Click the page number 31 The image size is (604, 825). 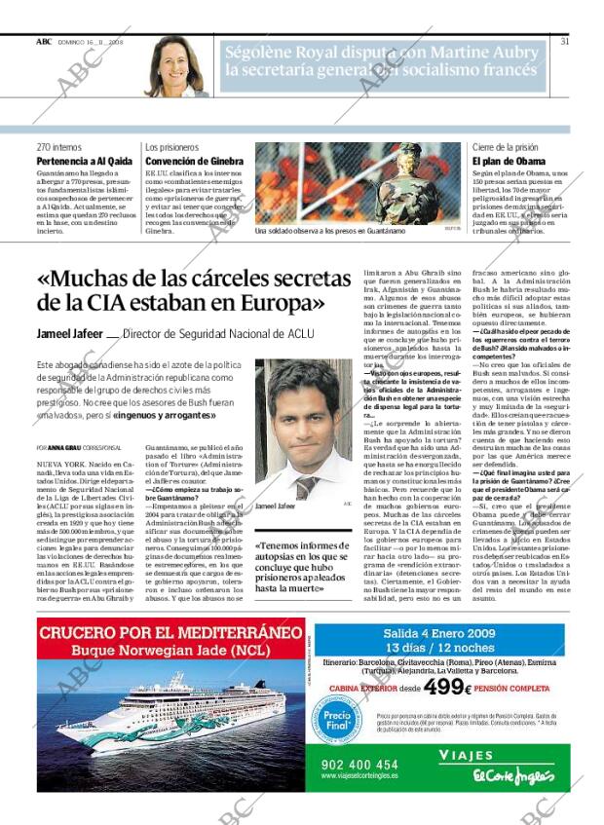[565, 41]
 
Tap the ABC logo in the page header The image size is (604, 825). [44, 41]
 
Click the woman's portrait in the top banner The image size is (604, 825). [178, 66]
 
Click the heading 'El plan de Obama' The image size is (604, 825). [508, 161]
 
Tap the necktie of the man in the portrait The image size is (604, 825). [305, 486]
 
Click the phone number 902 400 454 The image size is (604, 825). [359, 765]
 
